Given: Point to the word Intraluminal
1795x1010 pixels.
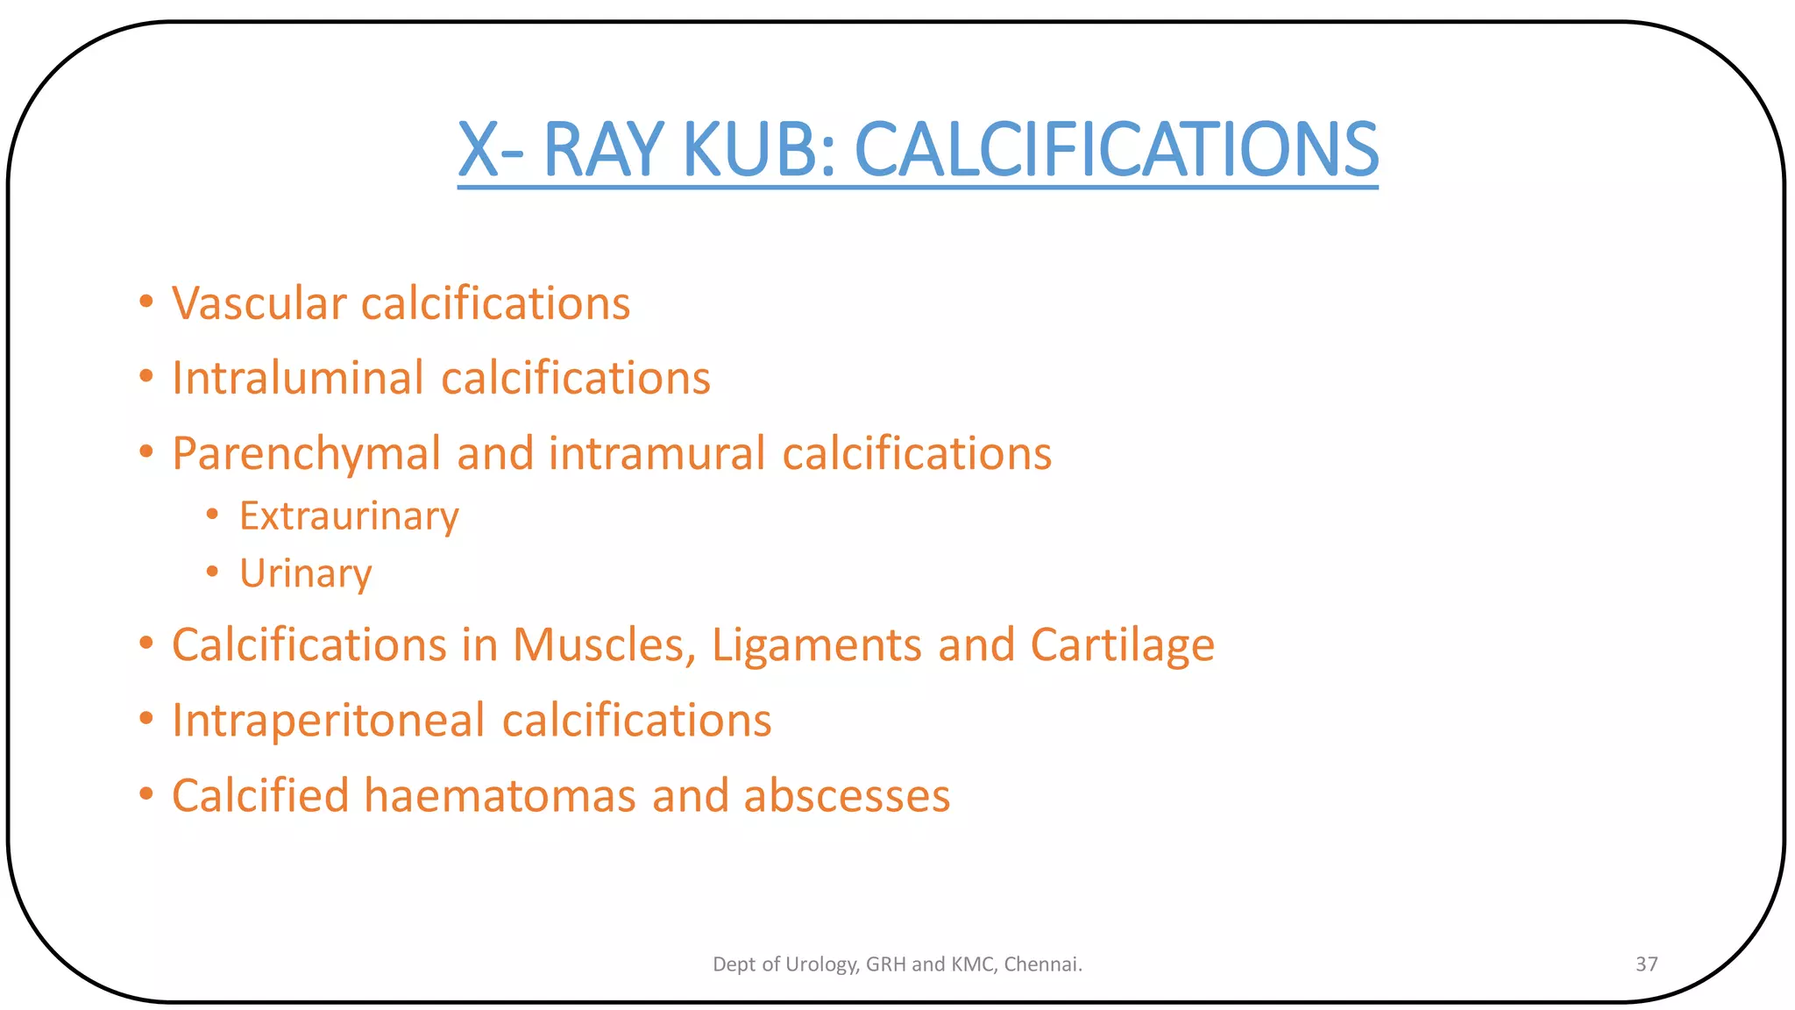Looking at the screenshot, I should [298, 378].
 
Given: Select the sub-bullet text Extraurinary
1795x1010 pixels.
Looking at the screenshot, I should [349, 516].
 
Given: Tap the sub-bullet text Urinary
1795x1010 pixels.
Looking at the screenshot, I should [306, 574].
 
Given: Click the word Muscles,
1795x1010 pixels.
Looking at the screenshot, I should [605, 645].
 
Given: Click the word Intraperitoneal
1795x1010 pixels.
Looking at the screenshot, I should [329, 721].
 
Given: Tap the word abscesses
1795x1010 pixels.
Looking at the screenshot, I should [847, 795].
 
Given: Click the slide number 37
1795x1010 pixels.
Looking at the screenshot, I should [1646, 964].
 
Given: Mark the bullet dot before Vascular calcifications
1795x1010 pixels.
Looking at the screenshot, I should [146, 302].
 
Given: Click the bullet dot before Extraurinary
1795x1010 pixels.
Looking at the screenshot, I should [212, 515].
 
